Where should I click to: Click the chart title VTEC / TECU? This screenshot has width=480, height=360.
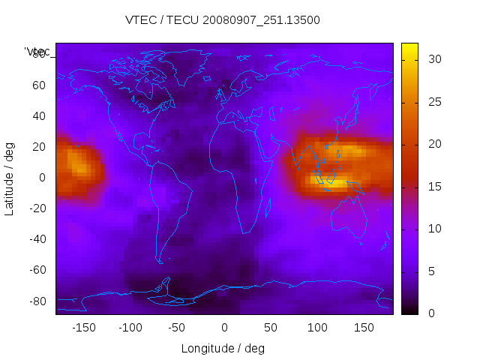(x=222, y=20)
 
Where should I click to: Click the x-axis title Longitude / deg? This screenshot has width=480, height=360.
(x=223, y=348)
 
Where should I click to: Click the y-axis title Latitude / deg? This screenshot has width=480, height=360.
(x=10, y=178)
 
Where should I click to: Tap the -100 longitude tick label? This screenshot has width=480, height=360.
(x=130, y=328)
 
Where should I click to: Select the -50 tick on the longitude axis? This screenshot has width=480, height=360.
(x=177, y=328)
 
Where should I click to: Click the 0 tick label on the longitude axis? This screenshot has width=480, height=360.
(x=224, y=328)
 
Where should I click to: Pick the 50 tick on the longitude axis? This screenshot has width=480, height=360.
(x=271, y=328)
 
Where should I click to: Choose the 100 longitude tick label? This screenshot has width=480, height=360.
(x=317, y=328)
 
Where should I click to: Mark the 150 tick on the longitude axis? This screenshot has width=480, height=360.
(x=364, y=328)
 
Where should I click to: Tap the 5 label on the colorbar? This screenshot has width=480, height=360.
(x=425, y=271)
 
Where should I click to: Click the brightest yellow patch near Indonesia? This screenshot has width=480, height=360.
(x=337, y=182)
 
